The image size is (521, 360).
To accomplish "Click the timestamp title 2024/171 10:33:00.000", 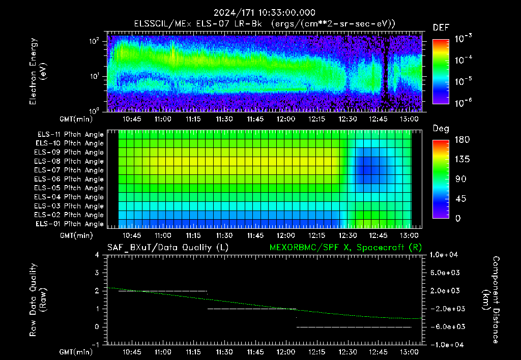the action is click(265, 13).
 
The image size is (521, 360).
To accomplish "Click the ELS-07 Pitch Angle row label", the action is click(69, 170).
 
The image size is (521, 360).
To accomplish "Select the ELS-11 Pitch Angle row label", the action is click(70, 135).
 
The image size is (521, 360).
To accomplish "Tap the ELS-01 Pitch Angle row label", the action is click(70, 224).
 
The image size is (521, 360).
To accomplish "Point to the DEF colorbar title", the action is click(441, 27).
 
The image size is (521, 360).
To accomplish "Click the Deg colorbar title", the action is click(441, 129).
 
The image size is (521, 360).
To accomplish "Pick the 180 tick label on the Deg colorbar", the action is click(462, 139).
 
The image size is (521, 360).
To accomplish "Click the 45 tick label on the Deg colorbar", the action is click(460, 199).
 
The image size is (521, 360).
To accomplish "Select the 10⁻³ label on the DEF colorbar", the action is click(463, 38).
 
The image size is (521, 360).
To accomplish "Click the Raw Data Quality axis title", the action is click(38, 300).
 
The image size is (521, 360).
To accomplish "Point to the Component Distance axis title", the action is click(491, 300).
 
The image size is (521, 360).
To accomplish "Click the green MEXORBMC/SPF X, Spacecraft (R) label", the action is click(345, 248).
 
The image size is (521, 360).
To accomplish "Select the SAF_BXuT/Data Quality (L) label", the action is click(168, 248).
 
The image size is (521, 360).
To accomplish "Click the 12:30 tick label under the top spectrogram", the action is click(348, 119).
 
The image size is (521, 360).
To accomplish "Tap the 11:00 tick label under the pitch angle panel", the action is click(163, 235).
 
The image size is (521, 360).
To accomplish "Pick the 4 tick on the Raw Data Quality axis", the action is click(97, 255).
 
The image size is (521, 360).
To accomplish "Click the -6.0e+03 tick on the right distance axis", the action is click(445, 327).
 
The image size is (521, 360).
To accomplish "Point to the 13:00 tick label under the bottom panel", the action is click(409, 352).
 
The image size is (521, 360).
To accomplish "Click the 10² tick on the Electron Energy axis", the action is click(94, 41).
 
